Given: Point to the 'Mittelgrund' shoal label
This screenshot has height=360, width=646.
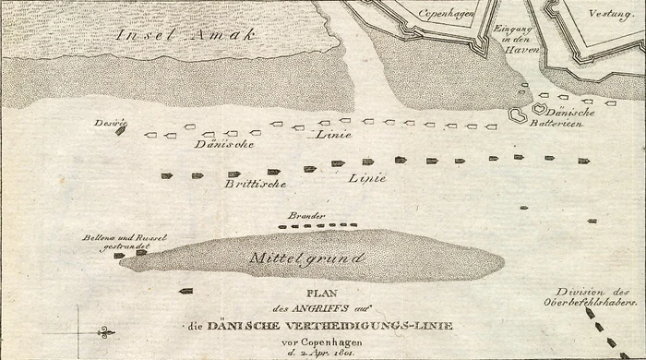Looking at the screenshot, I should coord(308,258).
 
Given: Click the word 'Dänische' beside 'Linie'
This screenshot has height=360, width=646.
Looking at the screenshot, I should coord(224,144).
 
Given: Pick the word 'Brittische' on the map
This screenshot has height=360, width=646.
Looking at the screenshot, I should coord(255,184).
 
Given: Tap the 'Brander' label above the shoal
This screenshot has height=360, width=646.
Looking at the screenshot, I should coord(305,214).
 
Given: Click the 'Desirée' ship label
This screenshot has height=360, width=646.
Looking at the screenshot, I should coord(109,122).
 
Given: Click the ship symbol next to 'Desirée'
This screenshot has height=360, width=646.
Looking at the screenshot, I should coord(120,131).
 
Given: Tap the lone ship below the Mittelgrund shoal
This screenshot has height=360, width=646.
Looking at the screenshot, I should coord(185,291).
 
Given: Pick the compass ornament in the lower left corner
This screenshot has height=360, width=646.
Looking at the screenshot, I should coord(103,331).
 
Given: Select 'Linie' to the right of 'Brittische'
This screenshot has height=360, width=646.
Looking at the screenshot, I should coord(366,177).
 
